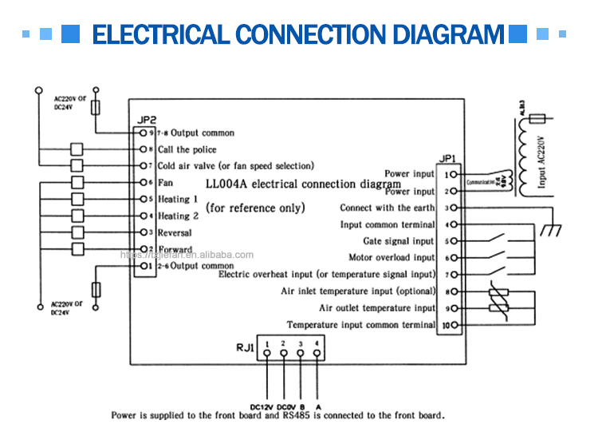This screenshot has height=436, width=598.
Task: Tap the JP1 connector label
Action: click(447, 159)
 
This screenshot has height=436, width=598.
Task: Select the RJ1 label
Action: click(245, 348)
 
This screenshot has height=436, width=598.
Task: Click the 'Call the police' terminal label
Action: click(187, 149)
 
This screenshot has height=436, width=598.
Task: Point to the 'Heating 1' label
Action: click(178, 199)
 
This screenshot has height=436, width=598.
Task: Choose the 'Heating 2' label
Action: click(178, 216)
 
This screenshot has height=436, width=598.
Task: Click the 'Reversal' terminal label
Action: click(175, 232)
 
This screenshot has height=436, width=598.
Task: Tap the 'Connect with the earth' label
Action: click(388, 208)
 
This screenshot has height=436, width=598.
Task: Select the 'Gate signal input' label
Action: click(399, 241)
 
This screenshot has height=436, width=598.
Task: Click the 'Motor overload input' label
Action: click(391, 258)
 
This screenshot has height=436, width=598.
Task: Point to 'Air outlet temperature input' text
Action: click(377, 308)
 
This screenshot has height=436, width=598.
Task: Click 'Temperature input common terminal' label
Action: click(361, 325)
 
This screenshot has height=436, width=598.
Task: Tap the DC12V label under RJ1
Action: click(262, 406)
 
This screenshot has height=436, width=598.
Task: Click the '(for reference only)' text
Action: click(255, 208)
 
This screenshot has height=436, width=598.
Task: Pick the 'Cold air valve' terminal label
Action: click(235, 166)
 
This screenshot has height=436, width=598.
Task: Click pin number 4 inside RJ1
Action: click(317, 343)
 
